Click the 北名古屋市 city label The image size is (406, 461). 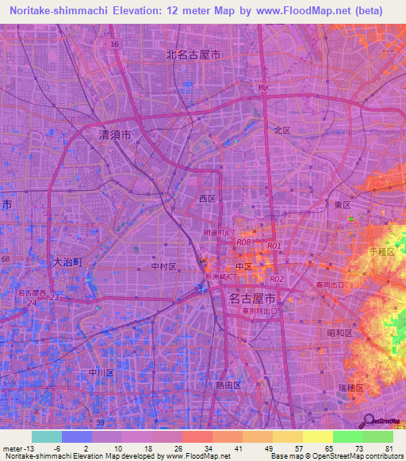pyautogui.click(x=193, y=55)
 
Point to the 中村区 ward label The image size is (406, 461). pyautogui.click(x=163, y=267)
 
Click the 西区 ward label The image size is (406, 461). pyautogui.click(x=207, y=199)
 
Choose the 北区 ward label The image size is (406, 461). pyautogui.click(x=282, y=130)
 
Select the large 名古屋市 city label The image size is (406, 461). pyautogui.click(x=251, y=299)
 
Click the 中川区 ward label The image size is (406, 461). pyautogui.click(x=102, y=371)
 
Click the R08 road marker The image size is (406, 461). pyautogui.click(x=244, y=242)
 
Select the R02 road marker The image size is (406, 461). pyautogui.click(x=277, y=279)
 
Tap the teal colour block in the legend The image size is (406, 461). pyautogui.click(x=47, y=436)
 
